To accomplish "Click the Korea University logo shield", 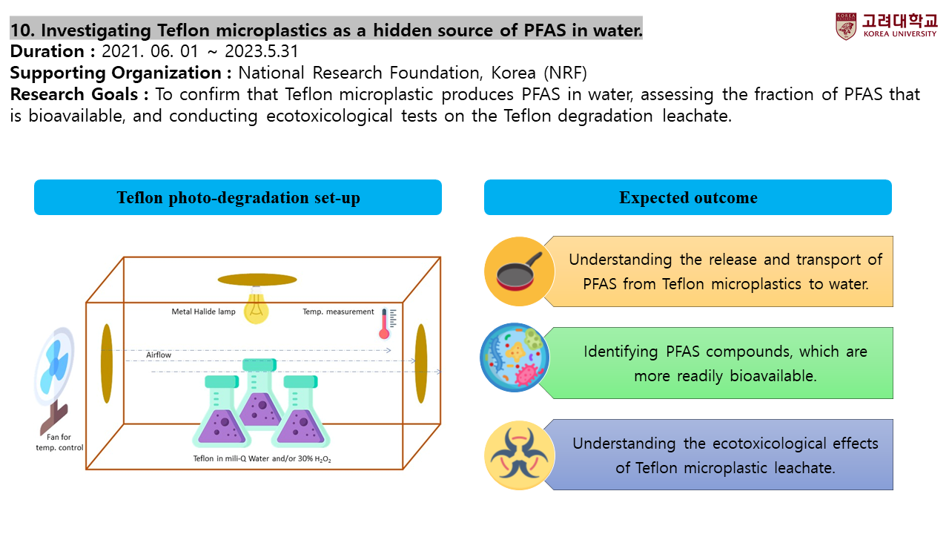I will point(846,26).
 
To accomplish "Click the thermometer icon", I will point(385,323).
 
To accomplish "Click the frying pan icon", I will point(520,271).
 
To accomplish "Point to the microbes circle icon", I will point(515,357).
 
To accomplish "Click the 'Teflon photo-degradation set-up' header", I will point(238,198).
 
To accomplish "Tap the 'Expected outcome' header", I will point(688,198).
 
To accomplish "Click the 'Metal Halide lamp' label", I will point(204,311).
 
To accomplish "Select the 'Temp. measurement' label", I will point(338,311).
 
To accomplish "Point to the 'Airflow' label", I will point(159,355).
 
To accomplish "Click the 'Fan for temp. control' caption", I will point(59,442).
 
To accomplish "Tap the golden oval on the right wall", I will point(421,363).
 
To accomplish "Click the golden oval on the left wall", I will point(107,363).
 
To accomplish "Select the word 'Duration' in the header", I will point(47,51).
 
